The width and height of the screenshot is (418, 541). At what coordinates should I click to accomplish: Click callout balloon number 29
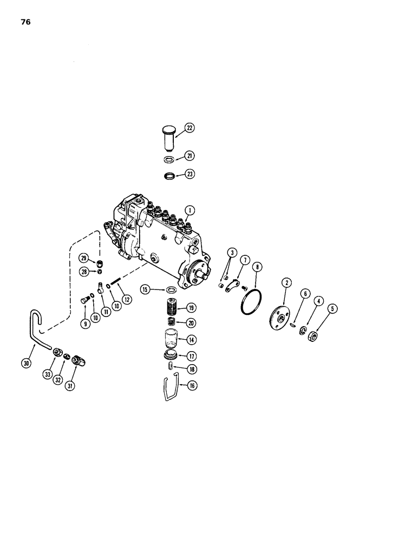click(84, 257)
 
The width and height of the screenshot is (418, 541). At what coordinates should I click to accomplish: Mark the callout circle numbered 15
click(145, 290)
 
